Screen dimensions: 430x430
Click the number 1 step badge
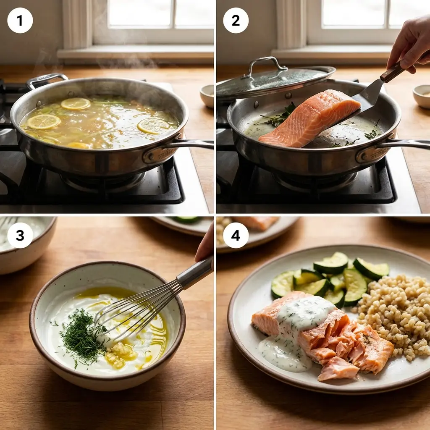[20, 20]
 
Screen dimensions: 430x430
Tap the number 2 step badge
[236, 20]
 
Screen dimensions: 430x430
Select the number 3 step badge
[20, 235]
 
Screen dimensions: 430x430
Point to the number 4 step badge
[236, 235]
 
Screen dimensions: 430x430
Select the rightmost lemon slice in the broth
[153, 126]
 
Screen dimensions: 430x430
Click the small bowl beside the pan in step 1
[207, 96]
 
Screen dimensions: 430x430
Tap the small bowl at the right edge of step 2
[421, 96]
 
